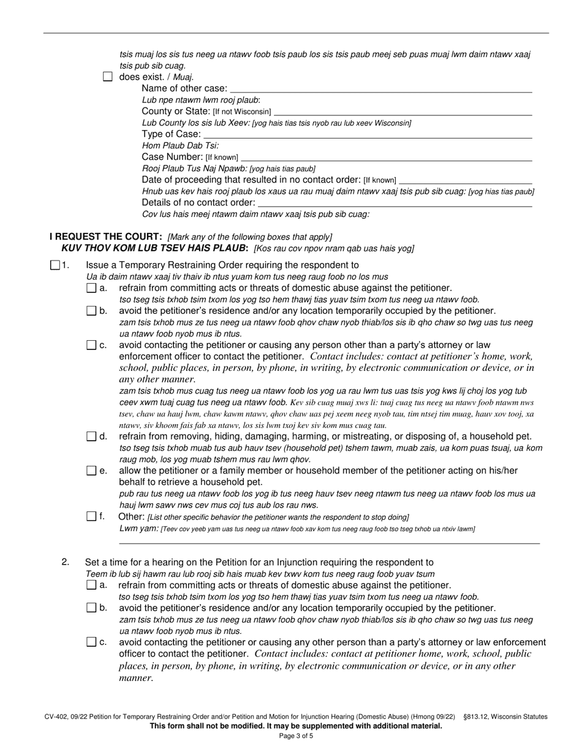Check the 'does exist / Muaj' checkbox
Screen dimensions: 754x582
(x=108, y=77)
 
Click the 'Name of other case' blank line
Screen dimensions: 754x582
(x=380, y=89)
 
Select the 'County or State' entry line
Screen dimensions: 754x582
(x=403, y=113)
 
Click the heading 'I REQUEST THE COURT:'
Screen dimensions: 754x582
(x=106, y=237)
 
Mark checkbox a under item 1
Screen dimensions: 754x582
(x=91, y=288)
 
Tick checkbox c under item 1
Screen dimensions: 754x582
(x=91, y=346)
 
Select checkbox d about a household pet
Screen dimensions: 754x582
(x=91, y=437)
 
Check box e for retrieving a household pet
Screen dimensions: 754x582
(x=91, y=471)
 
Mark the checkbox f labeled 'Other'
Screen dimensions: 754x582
(x=91, y=517)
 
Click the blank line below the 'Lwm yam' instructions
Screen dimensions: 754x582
(x=329, y=542)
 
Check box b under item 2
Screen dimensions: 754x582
(x=91, y=608)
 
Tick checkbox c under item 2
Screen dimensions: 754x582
(x=91, y=642)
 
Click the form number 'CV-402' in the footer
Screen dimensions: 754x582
(x=57, y=717)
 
